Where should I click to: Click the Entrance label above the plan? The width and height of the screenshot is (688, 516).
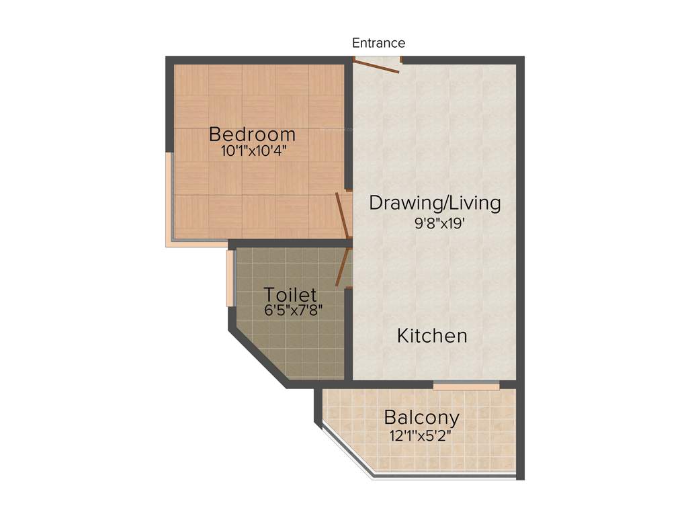tap(378, 43)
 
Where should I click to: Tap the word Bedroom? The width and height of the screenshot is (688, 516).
tap(252, 134)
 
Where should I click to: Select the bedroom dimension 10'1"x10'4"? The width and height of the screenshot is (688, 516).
tap(253, 150)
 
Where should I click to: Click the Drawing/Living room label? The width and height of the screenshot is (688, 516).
tap(435, 203)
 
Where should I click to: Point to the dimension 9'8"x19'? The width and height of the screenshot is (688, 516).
tap(441, 224)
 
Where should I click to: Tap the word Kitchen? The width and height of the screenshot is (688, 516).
tap(432, 335)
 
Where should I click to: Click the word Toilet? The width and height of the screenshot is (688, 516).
tap(290, 295)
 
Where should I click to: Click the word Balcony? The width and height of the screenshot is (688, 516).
tap(421, 418)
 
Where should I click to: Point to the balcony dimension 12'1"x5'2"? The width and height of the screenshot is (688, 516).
tap(420, 435)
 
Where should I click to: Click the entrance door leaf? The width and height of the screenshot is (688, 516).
tap(376, 67)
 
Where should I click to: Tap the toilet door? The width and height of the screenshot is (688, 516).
tap(343, 266)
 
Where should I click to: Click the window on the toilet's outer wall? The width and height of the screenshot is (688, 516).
tap(230, 277)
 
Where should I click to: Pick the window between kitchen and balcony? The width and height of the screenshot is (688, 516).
tap(466, 386)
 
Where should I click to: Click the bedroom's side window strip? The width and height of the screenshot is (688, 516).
tap(170, 195)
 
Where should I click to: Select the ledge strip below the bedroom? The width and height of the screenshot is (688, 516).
tap(196, 243)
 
